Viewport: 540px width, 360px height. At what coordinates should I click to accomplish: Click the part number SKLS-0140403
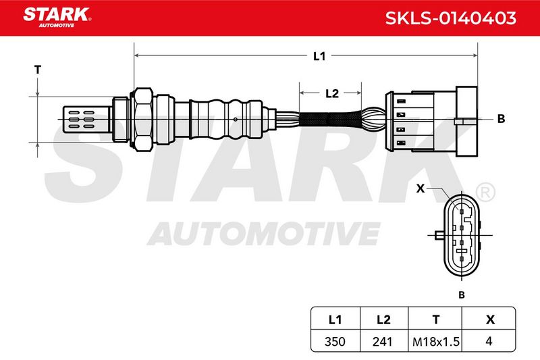(x=450, y=18)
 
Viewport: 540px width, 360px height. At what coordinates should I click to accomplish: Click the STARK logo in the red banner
(x=57, y=17)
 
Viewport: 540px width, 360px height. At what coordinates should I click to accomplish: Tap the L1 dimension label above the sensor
(x=319, y=56)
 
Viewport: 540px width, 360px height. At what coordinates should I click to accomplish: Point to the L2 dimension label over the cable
(x=332, y=93)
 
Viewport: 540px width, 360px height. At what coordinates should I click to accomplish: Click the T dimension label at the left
(x=38, y=70)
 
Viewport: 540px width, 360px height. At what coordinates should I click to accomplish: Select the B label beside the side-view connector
(x=501, y=119)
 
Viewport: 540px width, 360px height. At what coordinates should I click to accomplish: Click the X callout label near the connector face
(x=421, y=188)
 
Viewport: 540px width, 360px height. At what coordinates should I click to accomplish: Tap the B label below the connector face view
(x=462, y=295)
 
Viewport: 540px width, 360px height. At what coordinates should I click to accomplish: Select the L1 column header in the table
(x=335, y=319)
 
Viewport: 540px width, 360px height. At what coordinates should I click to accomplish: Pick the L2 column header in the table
(x=383, y=319)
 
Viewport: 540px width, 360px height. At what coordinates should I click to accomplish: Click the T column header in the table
(x=436, y=319)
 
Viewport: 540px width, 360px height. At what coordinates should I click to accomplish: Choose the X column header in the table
(x=490, y=319)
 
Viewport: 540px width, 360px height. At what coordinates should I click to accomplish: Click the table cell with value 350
(x=335, y=341)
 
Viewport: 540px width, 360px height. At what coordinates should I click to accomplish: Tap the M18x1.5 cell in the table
(x=436, y=342)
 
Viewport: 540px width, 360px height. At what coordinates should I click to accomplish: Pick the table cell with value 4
(x=489, y=341)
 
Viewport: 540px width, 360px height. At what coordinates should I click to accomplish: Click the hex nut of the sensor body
(x=143, y=119)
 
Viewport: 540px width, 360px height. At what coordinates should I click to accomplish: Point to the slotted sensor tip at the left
(x=88, y=119)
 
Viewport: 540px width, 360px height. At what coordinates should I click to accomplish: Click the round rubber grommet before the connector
(x=373, y=119)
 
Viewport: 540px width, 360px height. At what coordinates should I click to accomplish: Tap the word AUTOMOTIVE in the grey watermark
(x=264, y=234)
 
